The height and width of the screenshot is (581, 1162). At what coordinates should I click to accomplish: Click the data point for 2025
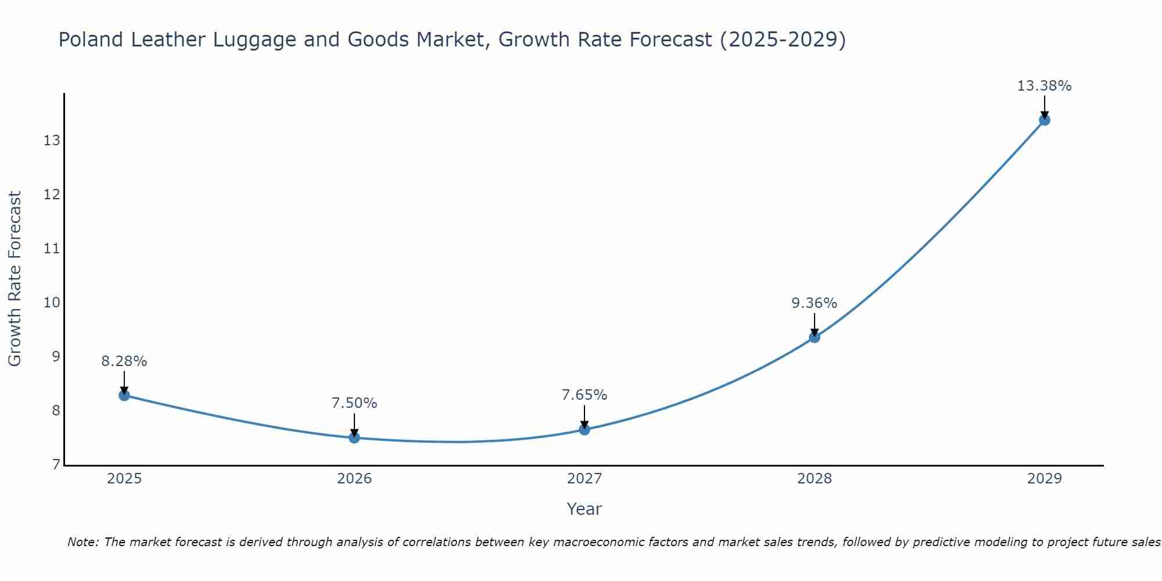click(x=124, y=395)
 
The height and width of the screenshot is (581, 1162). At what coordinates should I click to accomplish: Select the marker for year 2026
click(x=354, y=437)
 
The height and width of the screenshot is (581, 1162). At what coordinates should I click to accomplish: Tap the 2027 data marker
click(x=584, y=429)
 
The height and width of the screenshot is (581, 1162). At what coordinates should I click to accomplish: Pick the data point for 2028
click(x=815, y=337)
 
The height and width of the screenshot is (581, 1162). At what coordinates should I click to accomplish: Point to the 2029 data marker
click(x=1045, y=120)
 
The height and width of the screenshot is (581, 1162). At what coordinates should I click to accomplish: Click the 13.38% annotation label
click(x=1044, y=86)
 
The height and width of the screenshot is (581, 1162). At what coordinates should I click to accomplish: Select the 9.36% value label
click(x=814, y=303)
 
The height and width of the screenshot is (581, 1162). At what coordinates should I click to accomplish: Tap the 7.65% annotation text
click(x=584, y=395)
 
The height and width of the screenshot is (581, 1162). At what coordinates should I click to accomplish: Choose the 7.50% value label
click(x=354, y=403)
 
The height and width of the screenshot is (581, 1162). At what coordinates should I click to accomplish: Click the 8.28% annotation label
click(x=124, y=361)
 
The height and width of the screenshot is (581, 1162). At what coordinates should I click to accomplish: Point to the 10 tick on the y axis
click(x=52, y=302)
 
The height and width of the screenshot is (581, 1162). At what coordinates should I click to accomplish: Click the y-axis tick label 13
click(x=52, y=140)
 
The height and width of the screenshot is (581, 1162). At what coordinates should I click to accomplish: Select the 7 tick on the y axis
click(x=56, y=464)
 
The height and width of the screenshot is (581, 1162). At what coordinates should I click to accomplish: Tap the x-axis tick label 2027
click(x=584, y=479)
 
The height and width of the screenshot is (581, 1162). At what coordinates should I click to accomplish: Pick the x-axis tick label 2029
click(x=1045, y=479)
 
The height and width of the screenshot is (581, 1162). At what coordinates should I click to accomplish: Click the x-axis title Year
click(x=584, y=509)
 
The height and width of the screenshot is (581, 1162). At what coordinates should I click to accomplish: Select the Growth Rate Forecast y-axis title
click(x=15, y=279)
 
